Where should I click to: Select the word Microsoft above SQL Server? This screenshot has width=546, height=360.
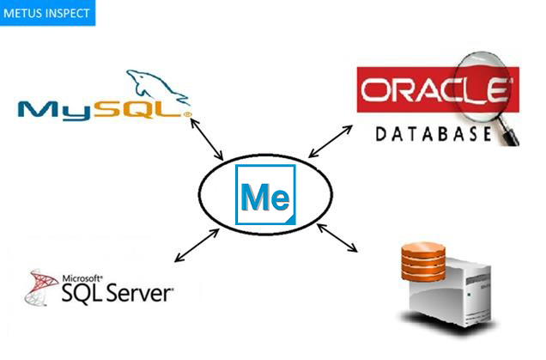(x=82, y=279)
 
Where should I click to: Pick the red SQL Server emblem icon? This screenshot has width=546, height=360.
(x=39, y=290)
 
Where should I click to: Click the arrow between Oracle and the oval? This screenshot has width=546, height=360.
(x=331, y=141)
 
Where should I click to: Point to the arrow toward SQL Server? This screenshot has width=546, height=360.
(x=193, y=245)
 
